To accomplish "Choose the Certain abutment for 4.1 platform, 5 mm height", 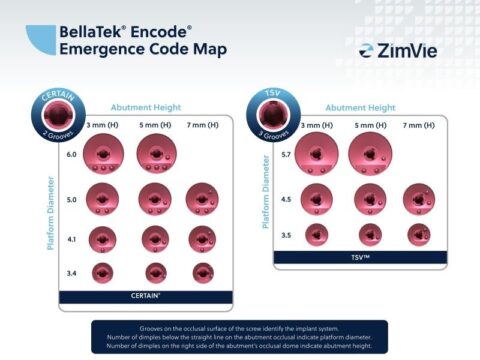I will tap(156, 238).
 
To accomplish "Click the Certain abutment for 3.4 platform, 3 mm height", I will tap(103, 271).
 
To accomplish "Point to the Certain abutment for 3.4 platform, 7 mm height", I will tap(203, 271).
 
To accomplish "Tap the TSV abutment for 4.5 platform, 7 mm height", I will tap(419, 199).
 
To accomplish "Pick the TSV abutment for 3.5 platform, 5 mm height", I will tap(370, 235).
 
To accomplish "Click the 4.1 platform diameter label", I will tap(71, 239).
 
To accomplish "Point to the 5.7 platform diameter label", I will tap(285, 155).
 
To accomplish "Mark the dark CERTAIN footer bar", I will tap(146, 296).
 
